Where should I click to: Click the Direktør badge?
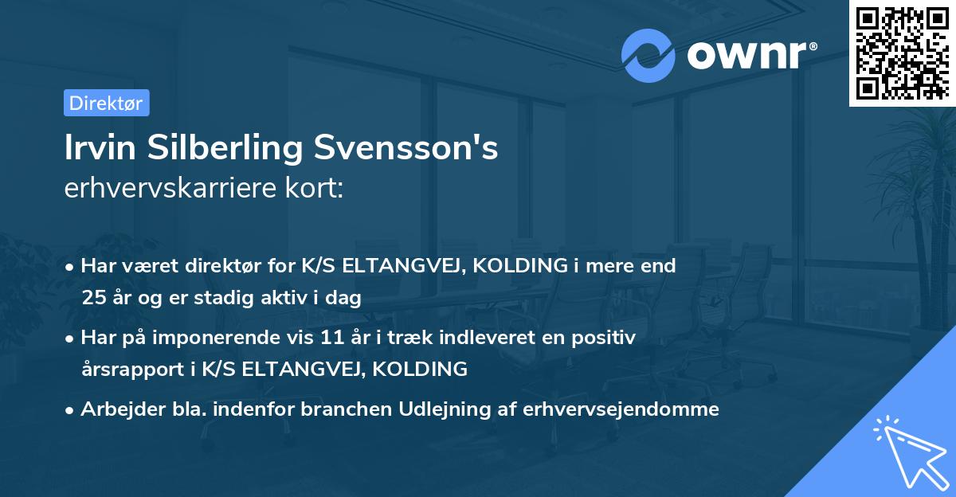(106, 103)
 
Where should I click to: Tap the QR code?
(902, 53)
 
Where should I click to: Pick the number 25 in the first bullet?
(92, 299)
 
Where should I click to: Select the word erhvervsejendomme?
(621, 409)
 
